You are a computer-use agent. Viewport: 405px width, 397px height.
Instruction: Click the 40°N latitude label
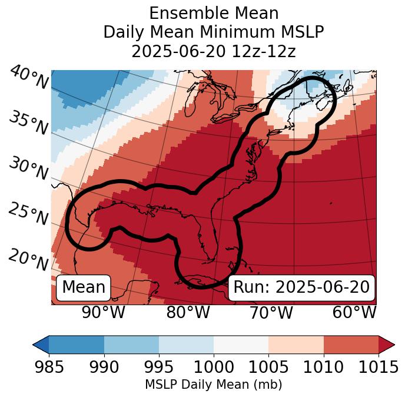coord(29,78)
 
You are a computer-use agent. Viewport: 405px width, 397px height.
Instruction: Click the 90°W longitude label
coord(104,313)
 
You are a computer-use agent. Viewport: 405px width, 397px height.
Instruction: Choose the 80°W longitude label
coord(188,313)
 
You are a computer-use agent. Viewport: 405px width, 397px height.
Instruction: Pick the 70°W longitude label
coord(271,313)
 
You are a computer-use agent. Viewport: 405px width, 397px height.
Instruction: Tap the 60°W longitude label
coord(354,313)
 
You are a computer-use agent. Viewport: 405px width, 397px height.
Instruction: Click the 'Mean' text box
coord(84,287)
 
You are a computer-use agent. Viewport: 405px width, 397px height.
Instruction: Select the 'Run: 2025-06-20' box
coord(301,287)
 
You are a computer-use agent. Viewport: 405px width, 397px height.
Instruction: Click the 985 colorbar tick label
coord(49,368)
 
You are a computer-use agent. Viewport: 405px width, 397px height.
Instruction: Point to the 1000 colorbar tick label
coord(214,368)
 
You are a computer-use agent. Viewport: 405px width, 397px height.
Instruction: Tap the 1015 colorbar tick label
coord(378,368)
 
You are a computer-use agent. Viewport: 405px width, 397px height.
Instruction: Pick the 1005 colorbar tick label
coord(268,368)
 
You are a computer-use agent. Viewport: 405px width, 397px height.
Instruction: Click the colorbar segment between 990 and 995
coord(131,345)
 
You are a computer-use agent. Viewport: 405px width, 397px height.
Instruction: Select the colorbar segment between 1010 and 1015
coord(350,345)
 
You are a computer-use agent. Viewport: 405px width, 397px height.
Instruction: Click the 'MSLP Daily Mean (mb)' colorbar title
coord(213,385)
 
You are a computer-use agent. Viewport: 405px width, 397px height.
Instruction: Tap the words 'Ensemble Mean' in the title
coord(214,13)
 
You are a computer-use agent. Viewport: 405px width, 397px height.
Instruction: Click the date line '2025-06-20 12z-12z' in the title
coord(214,51)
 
